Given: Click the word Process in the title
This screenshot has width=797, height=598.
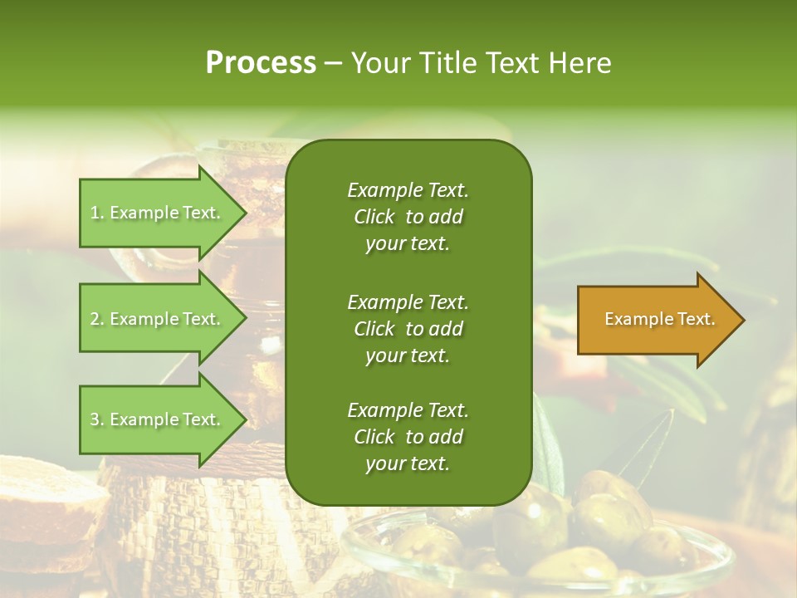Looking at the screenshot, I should pos(261,62).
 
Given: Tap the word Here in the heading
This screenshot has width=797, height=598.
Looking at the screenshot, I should pos(579,62).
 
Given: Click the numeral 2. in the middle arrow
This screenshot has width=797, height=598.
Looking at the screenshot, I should pos(97,319).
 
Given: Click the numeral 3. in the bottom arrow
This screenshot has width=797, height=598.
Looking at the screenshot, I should pos(97,419).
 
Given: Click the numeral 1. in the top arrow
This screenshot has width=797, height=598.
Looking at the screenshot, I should pos(97,213).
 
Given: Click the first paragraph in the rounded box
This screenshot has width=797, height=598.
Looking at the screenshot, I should pos(408,216).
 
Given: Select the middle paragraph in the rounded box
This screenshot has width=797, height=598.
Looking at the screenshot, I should pos(408,328).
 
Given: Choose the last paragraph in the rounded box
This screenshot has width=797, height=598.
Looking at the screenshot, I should pos(408,436).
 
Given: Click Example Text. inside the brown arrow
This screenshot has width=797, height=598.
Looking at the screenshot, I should pos(659,319).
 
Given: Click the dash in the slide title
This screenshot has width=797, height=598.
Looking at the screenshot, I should pos(332,63).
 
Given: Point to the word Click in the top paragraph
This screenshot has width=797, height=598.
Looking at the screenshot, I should pos(374,217).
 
